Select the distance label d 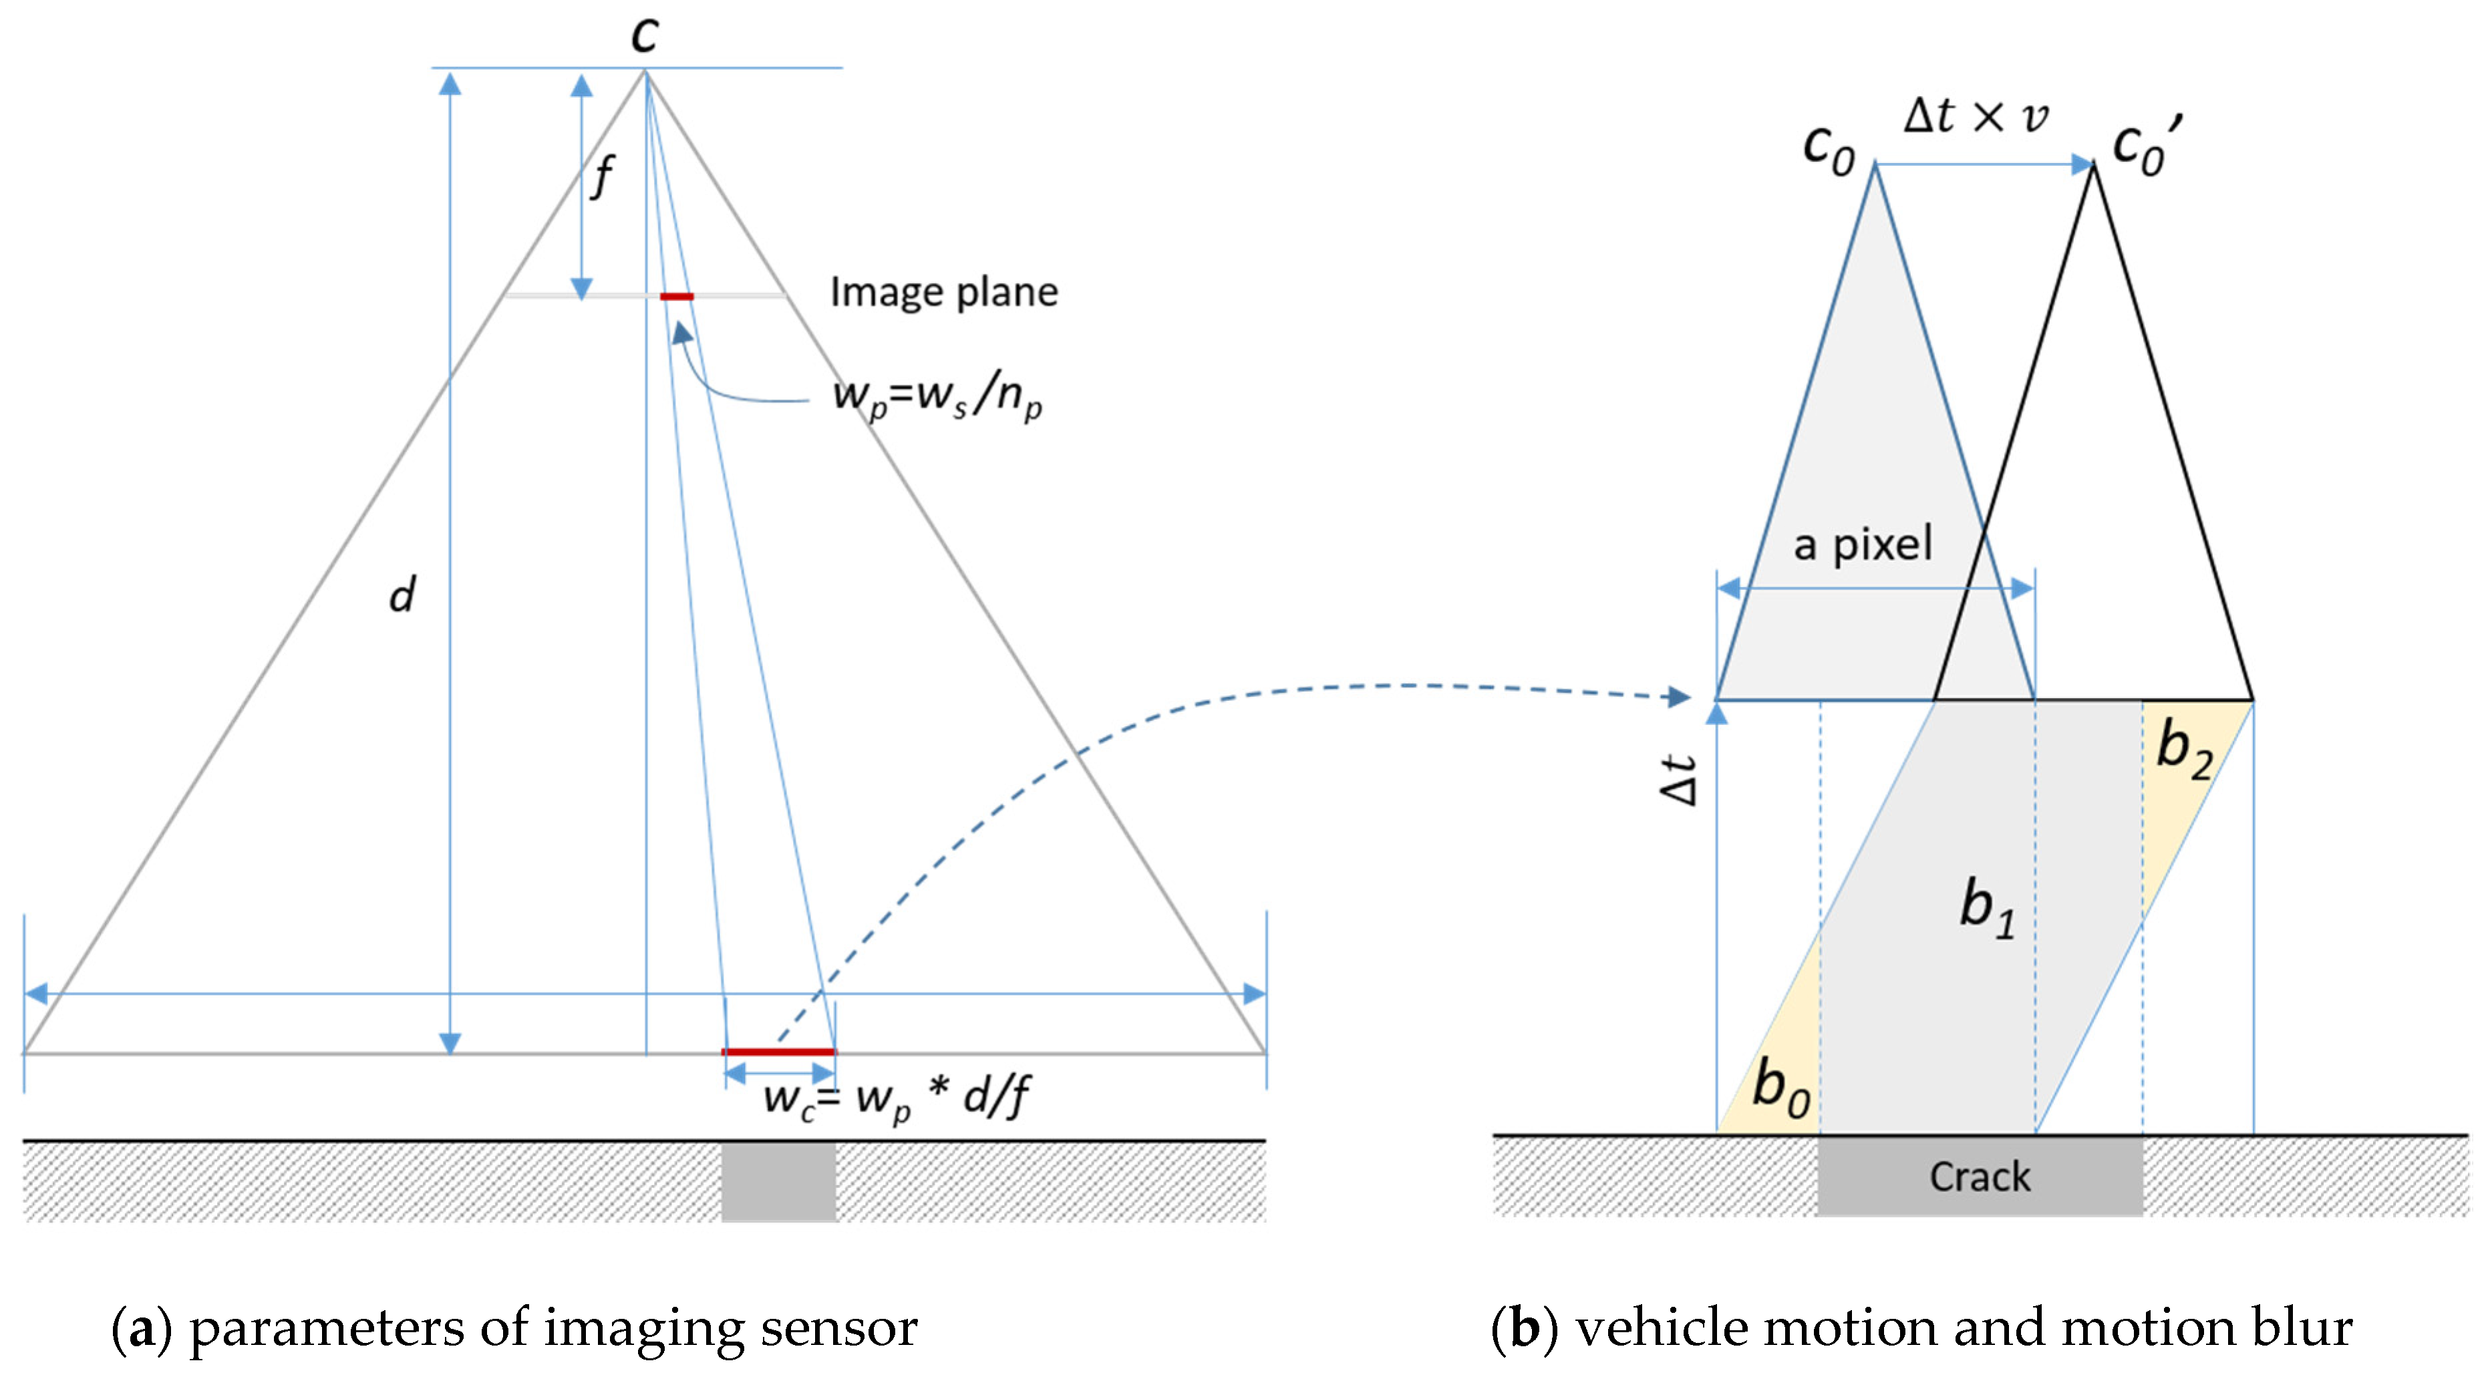(402, 594)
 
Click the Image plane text (943, 292)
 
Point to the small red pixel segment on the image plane (676, 297)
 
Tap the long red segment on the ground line (778, 1051)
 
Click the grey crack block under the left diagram (778, 1182)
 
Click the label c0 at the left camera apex (1829, 150)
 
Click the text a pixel (1862, 545)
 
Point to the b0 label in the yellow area (1780, 1088)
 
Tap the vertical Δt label (1679, 780)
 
